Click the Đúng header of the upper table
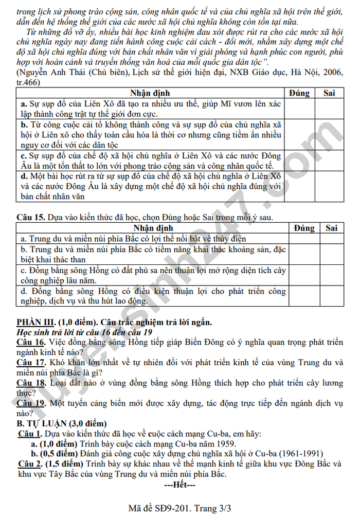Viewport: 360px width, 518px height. point(299,93)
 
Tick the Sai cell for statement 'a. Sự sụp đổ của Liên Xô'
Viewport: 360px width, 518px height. point(329,109)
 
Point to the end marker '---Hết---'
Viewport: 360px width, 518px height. point(179,485)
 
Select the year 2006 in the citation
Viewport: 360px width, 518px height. point(316,73)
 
